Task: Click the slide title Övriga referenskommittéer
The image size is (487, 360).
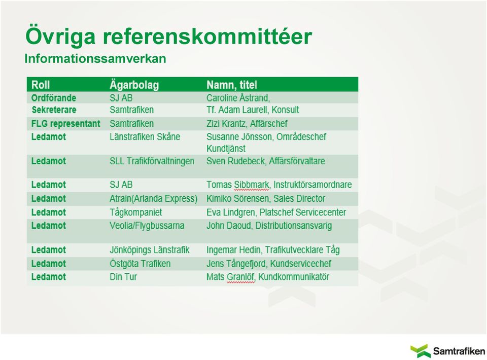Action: [x=168, y=37]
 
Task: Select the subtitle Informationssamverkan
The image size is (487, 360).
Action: [x=95, y=59]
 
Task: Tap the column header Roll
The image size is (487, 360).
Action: [x=41, y=85]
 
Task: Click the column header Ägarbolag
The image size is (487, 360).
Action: [x=134, y=85]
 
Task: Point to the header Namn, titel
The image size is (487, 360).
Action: [x=232, y=85]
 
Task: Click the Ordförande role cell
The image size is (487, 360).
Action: [x=54, y=98]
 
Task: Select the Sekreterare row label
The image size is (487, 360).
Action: [x=54, y=110]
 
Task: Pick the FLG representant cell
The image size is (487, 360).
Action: [x=66, y=124]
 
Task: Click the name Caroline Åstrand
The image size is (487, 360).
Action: [x=238, y=98]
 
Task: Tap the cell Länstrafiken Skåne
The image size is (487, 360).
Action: [x=145, y=137]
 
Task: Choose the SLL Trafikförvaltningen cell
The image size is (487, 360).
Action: [x=152, y=161]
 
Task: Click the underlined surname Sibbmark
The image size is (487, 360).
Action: [x=252, y=185]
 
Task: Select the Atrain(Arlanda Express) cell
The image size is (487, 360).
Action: [x=153, y=199]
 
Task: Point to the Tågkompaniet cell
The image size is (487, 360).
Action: [x=136, y=212]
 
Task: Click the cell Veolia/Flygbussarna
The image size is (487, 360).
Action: [x=147, y=226]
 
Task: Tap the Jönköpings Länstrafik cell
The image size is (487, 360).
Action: [x=149, y=250]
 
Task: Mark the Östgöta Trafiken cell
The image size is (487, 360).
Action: [x=140, y=264]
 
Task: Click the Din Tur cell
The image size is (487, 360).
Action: [x=123, y=277]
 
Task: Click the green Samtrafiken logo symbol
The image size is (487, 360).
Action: [x=421, y=351]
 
